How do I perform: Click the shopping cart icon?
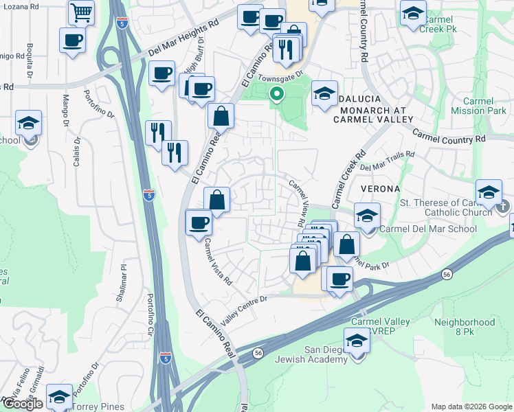tap(82, 12)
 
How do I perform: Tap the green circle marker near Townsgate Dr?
tap(277, 94)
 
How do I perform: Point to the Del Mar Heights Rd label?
tap(183, 43)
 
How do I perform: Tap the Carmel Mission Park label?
tap(479, 106)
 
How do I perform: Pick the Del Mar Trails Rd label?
tap(388, 161)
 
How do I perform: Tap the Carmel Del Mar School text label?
tap(427, 229)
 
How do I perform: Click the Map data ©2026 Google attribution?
tap(471, 406)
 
